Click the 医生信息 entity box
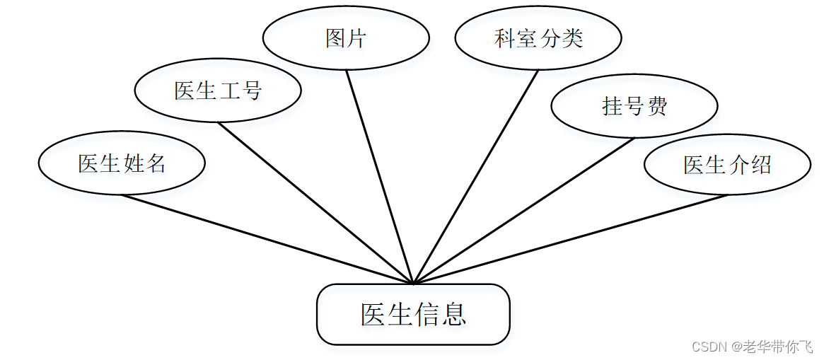pyautogui.click(x=413, y=314)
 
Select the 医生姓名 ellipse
pyautogui.click(x=122, y=163)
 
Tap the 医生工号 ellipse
pyautogui.click(x=218, y=91)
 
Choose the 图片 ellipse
pyautogui.click(x=346, y=38)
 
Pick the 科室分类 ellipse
pyautogui.click(x=538, y=38)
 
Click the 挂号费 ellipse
pyautogui.click(x=634, y=106)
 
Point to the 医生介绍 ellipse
pyautogui.click(x=727, y=165)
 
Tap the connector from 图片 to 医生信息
pyautogui.click(x=379, y=177)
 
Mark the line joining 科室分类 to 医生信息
pyautogui.click(x=476, y=177)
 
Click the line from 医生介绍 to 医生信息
pyautogui.click(x=570, y=239)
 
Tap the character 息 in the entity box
pyautogui.click(x=453, y=314)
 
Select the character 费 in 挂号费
pyautogui.click(x=657, y=106)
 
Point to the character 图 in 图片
pyautogui.click(x=335, y=38)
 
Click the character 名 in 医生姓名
pyautogui.click(x=156, y=163)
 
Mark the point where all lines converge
pyautogui.click(x=413, y=283)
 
